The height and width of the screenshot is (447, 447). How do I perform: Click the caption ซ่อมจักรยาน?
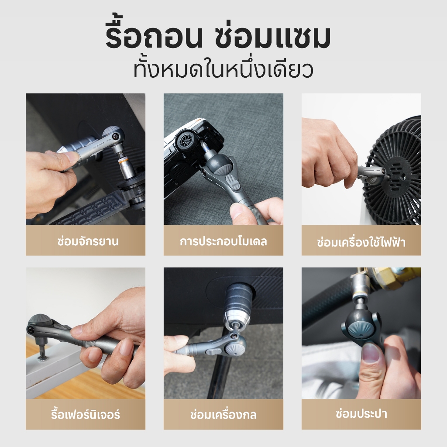(x=87, y=241)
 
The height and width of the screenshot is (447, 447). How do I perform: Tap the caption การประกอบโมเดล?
(x=223, y=241)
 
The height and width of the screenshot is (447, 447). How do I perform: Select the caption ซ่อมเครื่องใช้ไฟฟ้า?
(x=361, y=242)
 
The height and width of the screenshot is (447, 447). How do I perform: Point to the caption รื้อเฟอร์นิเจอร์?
(x=85, y=414)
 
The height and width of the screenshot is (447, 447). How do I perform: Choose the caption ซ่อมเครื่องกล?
(x=223, y=415)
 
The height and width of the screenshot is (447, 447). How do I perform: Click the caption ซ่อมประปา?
(x=361, y=413)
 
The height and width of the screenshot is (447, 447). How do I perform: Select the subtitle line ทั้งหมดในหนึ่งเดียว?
(x=223, y=69)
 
